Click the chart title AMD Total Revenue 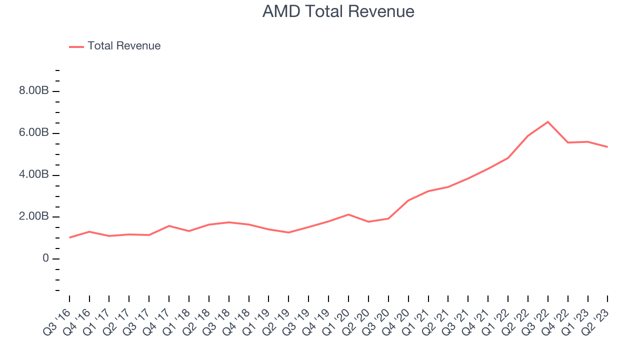coord(338,11)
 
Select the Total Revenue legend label coord(124,46)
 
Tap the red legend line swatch coord(76,46)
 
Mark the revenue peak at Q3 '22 coord(548,122)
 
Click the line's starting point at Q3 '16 coord(69,237)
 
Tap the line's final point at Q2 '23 coord(608,147)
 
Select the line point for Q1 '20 coord(348,214)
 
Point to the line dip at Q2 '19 coord(288,232)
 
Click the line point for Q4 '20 coord(408,200)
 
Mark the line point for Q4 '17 coord(169,226)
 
